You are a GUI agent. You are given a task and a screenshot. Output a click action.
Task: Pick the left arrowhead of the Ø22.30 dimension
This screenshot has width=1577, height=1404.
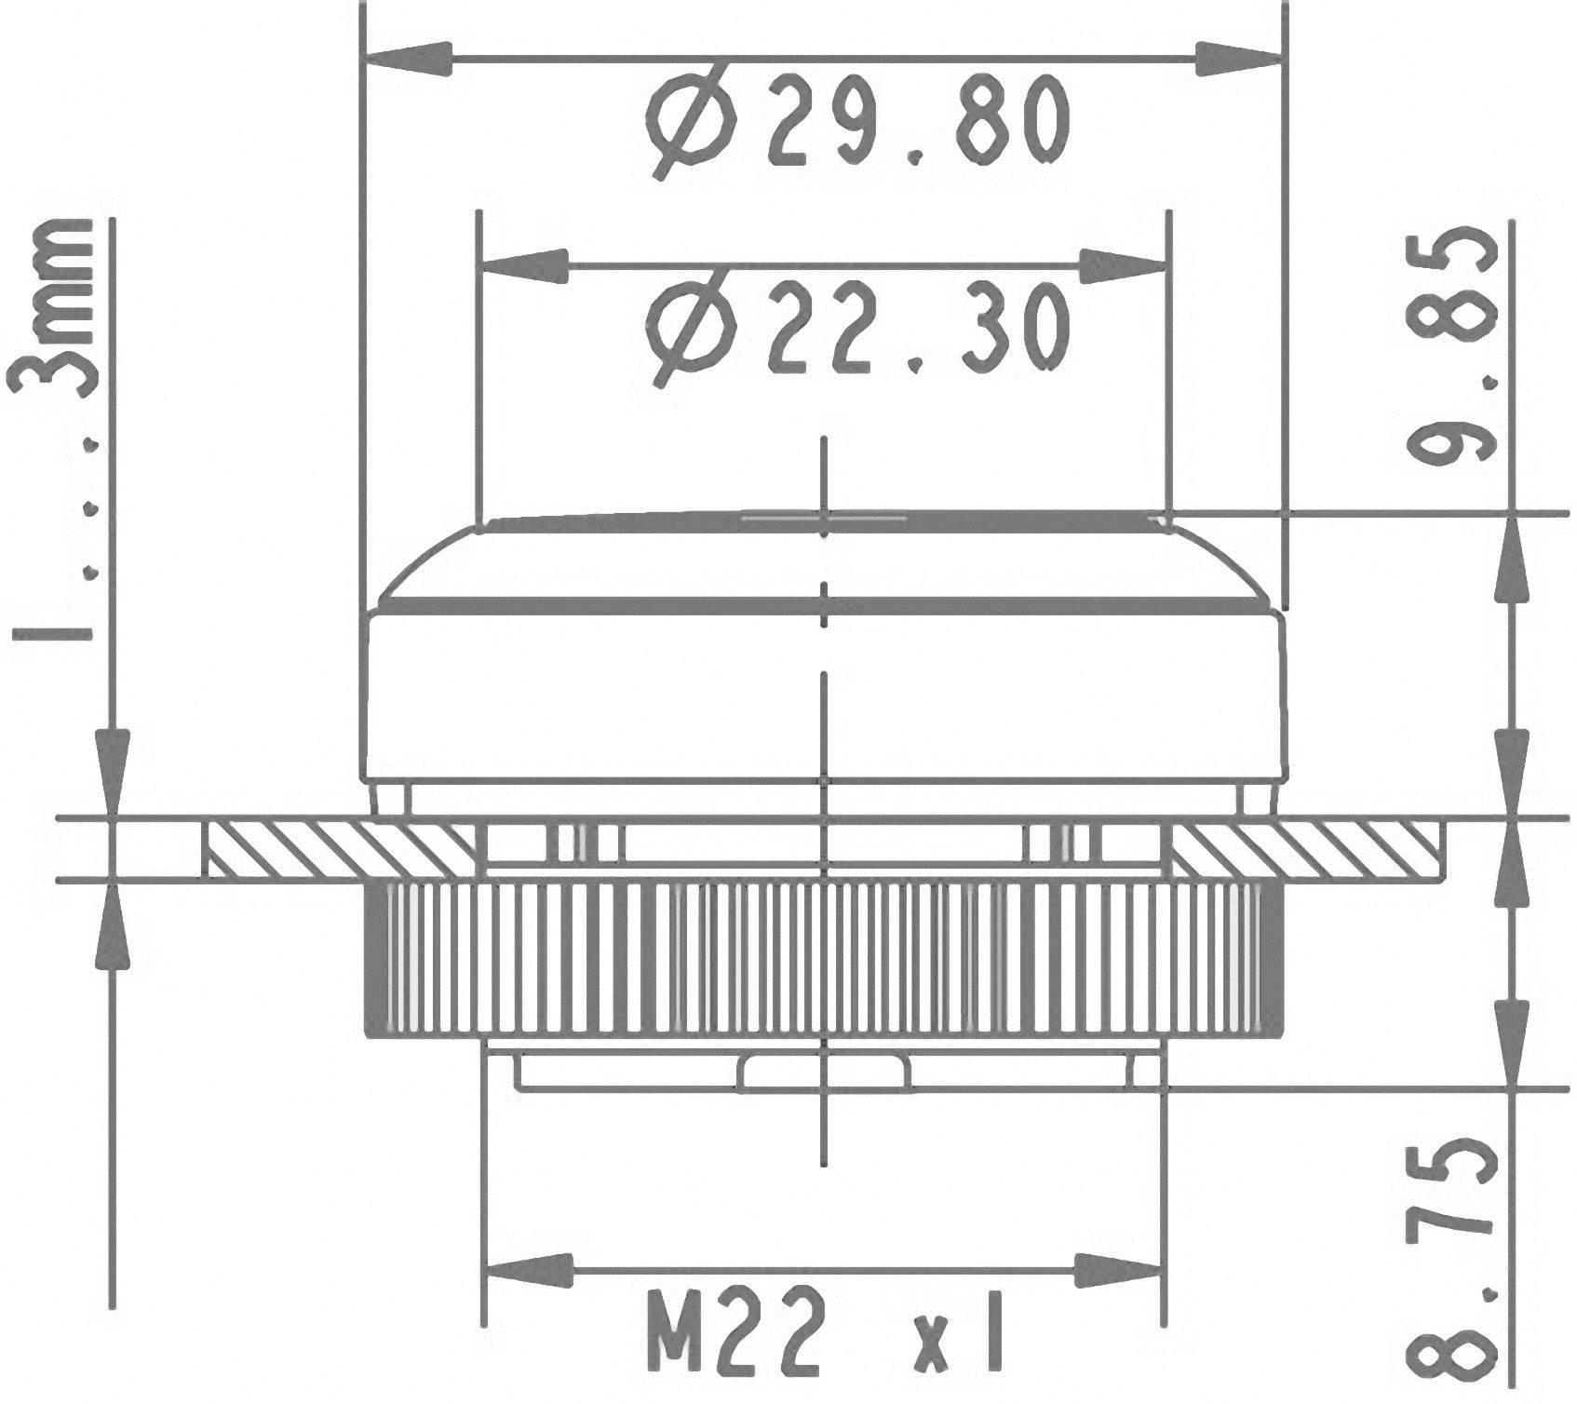pyautogui.click(x=527, y=265)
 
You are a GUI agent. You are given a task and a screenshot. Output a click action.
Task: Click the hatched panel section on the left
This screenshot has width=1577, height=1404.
pyautogui.click(x=340, y=848)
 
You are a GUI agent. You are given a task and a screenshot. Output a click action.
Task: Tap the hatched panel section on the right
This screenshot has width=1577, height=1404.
pyautogui.click(x=1303, y=848)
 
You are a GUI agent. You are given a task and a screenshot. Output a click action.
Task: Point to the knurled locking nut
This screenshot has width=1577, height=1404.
pyautogui.click(x=824, y=959)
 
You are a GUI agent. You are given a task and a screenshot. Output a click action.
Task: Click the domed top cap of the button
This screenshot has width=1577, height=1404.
pyautogui.click(x=824, y=563)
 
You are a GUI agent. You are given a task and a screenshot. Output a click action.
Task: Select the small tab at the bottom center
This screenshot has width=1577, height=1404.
pyautogui.click(x=824, y=1072)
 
